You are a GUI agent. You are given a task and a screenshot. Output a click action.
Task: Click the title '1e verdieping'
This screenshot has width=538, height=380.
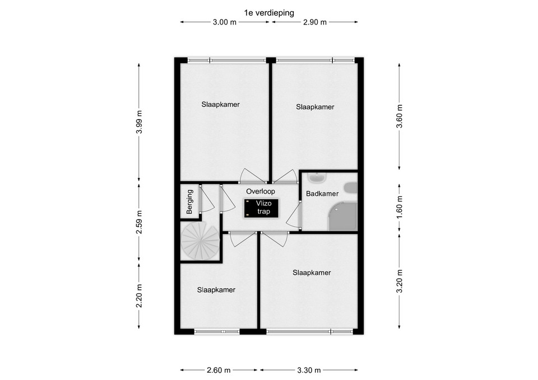click(x=269, y=13)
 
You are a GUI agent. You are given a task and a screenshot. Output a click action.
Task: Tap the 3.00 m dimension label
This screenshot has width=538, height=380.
click(x=225, y=22)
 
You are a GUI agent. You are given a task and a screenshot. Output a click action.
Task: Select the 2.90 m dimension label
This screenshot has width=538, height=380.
click(x=314, y=22)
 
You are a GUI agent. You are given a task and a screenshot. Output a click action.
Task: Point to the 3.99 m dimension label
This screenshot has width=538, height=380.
click(x=139, y=123)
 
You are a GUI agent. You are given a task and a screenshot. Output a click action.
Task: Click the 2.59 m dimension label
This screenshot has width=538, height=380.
click(x=139, y=222)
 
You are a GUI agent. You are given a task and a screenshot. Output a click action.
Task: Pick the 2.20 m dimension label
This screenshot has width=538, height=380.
click(x=139, y=295)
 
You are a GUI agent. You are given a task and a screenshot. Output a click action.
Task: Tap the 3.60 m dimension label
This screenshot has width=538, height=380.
click(x=400, y=116)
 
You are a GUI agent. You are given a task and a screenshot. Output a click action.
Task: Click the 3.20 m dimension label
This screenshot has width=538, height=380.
click(x=400, y=282)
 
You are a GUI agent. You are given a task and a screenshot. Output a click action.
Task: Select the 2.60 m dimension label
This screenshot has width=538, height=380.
click(x=219, y=370)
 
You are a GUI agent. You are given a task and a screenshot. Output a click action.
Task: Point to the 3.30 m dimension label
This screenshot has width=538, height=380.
click(x=309, y=370)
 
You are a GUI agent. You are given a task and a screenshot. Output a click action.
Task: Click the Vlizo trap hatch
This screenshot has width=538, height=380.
click(x=262, y=208)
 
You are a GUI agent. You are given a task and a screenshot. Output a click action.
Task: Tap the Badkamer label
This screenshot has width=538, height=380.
click(x=322, y=194)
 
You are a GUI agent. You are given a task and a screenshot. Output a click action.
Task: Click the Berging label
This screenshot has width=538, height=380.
click(x=189, y=202)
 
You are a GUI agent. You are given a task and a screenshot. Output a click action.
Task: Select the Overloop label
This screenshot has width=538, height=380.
click(x=261, y=191)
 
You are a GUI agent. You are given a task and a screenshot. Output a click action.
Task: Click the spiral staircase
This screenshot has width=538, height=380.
click(x=201, y=241)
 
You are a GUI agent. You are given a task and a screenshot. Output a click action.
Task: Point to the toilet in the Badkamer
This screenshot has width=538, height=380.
click(x=351, y=188)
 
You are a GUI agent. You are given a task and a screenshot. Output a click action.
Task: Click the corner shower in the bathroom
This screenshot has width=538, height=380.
click(x=343, y=216)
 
